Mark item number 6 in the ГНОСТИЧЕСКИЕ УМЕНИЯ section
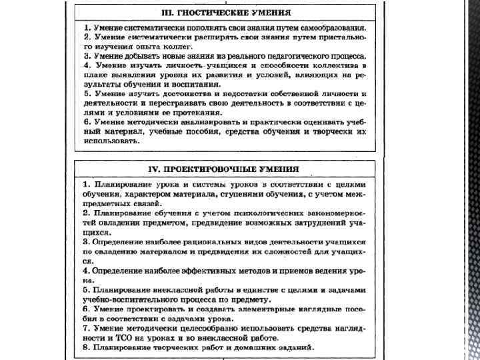[x=85, y=123]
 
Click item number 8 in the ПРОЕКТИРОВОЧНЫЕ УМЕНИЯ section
[x=85, y=348]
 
